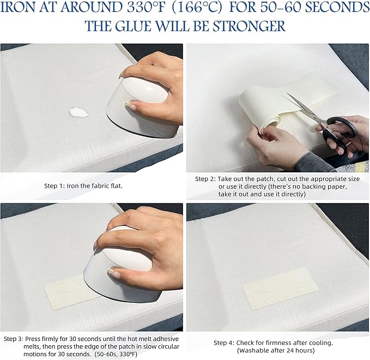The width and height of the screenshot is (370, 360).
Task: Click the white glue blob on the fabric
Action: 78,112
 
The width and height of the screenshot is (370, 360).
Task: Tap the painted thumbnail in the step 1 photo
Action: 130,106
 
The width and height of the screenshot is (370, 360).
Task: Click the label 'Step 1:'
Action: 54,185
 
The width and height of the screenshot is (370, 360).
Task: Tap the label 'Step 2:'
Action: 205,179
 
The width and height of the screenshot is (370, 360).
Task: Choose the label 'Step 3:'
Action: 14,339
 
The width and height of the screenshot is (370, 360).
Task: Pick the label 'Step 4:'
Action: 224,343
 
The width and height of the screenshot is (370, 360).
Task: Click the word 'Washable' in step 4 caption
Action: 251,350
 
